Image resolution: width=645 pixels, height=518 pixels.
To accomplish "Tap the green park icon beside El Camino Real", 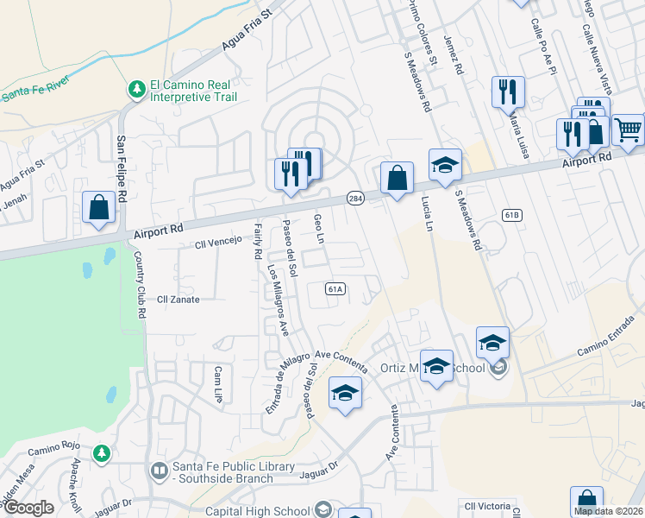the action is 136,88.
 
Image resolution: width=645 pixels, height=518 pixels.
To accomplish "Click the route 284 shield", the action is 354,199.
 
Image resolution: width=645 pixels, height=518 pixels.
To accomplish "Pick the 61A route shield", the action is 335,289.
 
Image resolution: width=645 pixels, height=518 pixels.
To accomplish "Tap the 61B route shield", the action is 511,214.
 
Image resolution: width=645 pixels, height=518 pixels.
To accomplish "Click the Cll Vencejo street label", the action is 220,245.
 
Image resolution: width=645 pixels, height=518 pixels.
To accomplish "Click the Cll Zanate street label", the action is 178,300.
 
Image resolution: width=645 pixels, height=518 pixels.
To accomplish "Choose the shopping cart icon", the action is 629,129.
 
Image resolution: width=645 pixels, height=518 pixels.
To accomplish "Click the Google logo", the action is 29,508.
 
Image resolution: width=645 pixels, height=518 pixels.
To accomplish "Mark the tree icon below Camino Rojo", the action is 102,452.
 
